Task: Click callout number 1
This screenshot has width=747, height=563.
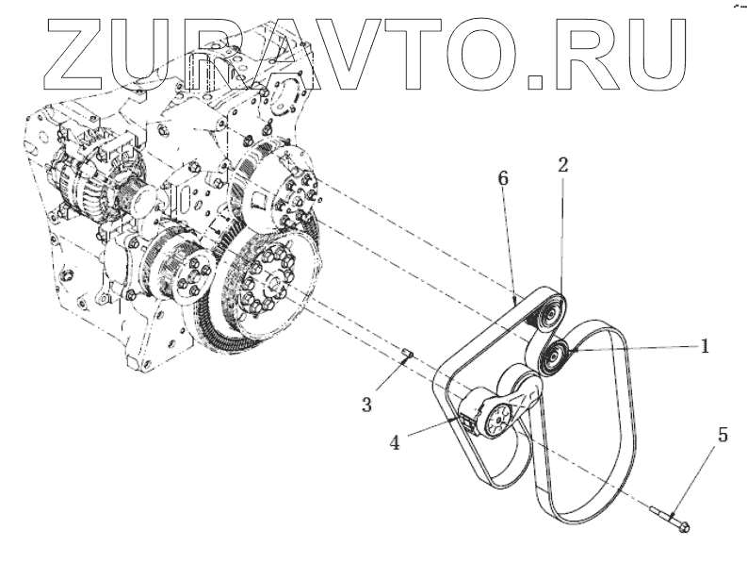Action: coord(704,346)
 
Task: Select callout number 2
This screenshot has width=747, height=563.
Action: coord(562,164)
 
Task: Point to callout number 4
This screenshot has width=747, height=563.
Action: coord(398,440)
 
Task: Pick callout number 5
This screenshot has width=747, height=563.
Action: coord(723,435)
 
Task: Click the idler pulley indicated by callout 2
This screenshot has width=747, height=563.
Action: coord(548,310)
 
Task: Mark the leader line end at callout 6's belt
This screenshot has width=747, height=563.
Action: coord(516,299)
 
